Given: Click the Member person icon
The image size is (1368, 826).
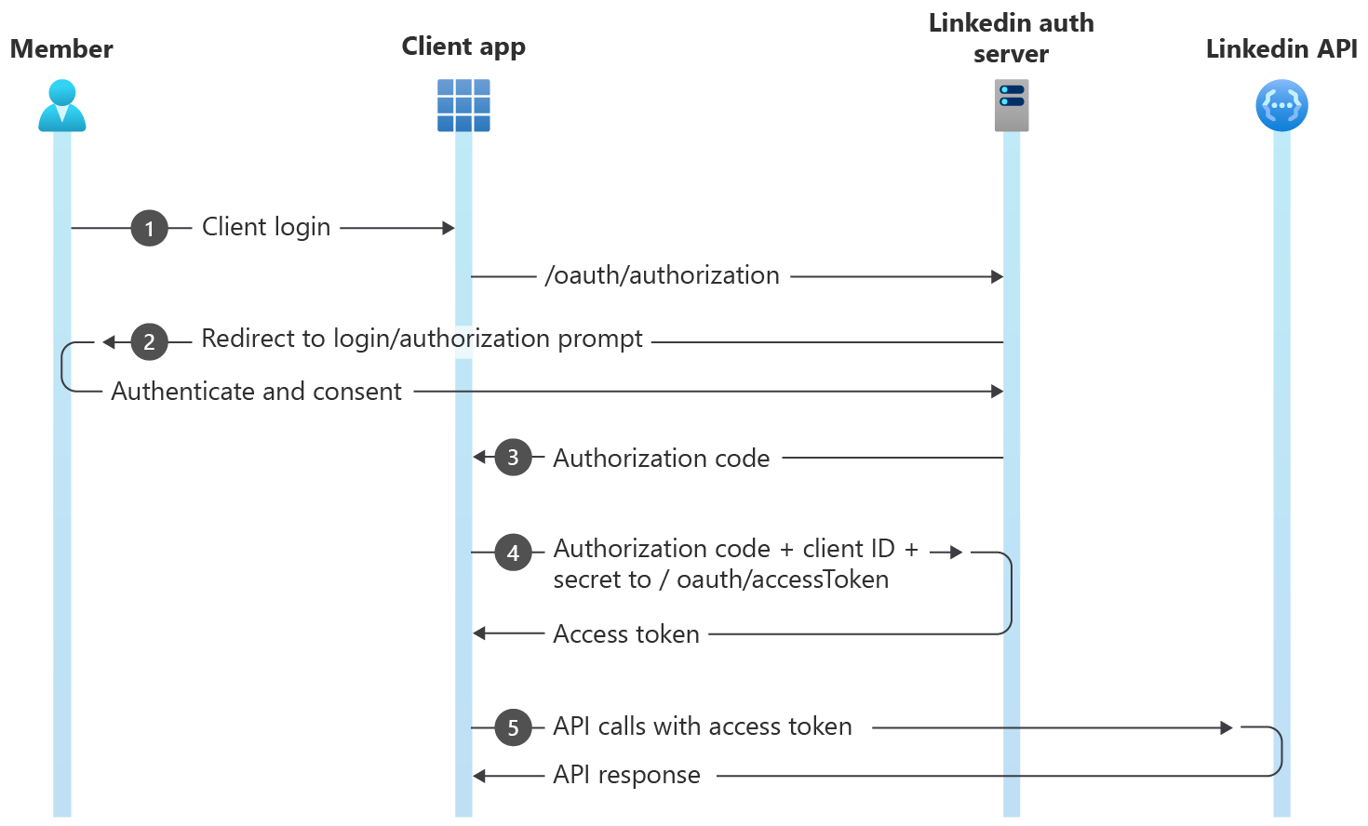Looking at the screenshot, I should pos(62,105).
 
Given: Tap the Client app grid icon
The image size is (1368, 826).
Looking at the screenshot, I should pos(463,105).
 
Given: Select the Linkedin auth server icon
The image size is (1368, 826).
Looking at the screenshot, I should pos(1012,105).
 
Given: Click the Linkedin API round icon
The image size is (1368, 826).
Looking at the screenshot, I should pos(1281,105).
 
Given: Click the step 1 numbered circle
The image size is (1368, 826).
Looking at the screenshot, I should pos(149,228).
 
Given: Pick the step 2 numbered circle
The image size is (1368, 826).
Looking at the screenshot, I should pos(149,341).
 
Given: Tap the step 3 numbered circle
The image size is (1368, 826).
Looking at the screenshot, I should pos(513,457).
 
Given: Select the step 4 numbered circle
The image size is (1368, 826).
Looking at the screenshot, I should pos(513,553).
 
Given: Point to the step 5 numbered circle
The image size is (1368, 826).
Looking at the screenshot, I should pos(513,727).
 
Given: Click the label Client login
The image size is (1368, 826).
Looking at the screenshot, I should pos(266,227).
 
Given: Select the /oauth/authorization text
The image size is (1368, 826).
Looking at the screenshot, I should pos(662,275).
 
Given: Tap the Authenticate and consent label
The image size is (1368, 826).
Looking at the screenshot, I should pos(256,392).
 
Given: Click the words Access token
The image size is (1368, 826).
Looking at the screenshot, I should pos(625,634).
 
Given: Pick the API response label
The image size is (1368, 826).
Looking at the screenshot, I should pos(626,775).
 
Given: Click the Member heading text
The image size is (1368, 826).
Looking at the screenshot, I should pos(61,48).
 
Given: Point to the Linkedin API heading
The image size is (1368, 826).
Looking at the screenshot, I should pos(1281,48).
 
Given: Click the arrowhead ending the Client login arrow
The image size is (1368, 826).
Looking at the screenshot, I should pos(449,228).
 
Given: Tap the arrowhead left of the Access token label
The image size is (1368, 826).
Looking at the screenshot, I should pos(479,633).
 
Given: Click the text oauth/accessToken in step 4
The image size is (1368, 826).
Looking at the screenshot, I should pos(782,580).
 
